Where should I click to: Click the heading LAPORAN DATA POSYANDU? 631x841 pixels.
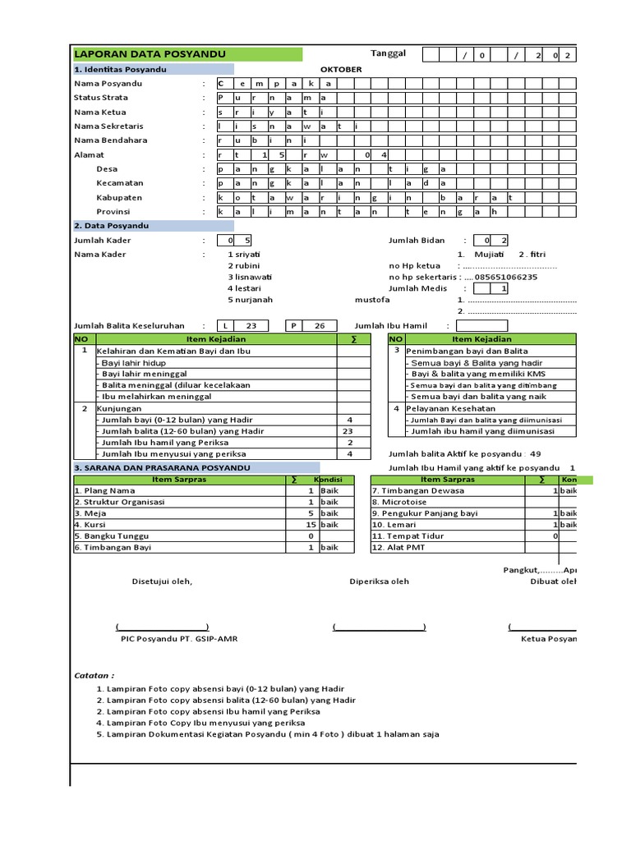tap(150, 54)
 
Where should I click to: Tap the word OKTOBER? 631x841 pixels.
tap(341, 70)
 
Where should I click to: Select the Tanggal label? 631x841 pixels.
tap(388, 53)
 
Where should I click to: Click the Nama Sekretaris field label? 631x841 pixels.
tap(108, 126)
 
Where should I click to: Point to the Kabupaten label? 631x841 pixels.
tap(119, 197)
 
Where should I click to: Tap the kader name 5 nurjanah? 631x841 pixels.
tap(251, 300)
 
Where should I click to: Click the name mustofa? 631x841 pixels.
tap(372, 300)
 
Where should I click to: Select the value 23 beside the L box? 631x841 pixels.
tap(251, 325)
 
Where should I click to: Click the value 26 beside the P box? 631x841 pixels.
tap(320, 325)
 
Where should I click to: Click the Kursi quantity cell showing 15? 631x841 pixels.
tap(311, 524)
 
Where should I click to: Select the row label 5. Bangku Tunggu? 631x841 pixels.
tap(112, 535)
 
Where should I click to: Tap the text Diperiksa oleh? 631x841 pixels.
tap(379, 582)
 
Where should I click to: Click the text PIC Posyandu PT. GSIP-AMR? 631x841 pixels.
tap(179, 638)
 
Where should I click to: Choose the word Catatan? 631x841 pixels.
tap(92, 675)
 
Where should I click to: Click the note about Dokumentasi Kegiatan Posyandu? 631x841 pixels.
tap(267, 734)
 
